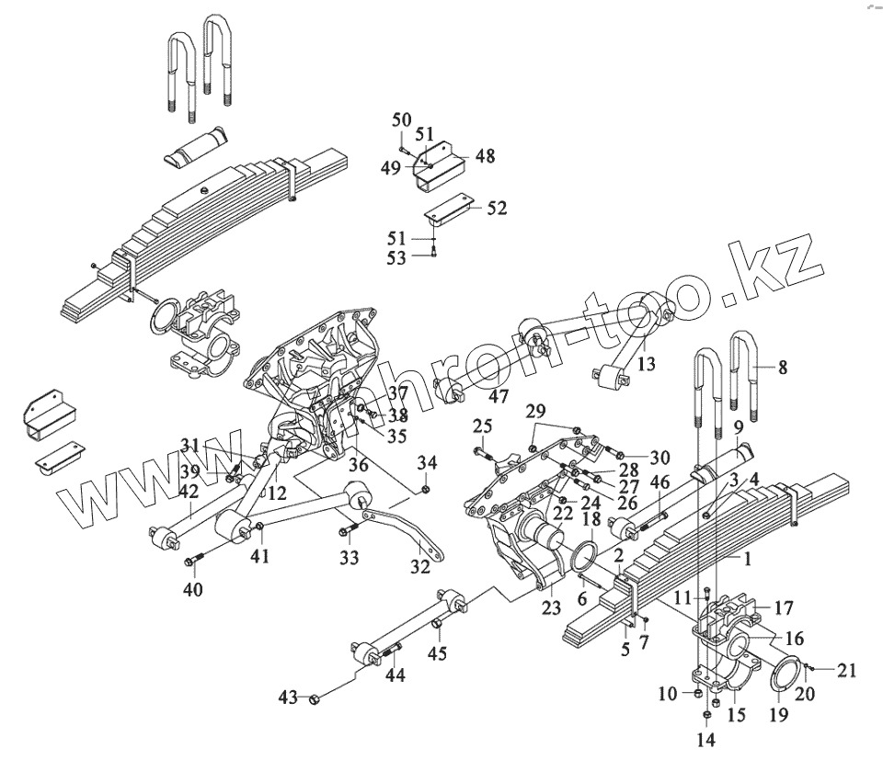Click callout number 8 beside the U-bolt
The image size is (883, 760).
(x=783, y=368)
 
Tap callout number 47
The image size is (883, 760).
(x=498, y=396)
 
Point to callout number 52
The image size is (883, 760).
(x=497, y=209)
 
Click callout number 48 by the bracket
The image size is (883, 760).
(x=485, y=156)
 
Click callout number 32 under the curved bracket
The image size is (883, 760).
(x=420, y=568)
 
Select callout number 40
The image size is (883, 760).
(x=192, y=589)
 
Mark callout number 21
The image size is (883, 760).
(x=847, y=670)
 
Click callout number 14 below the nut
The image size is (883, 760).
(x=706, y=739)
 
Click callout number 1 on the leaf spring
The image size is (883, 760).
(x=748, y=558)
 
